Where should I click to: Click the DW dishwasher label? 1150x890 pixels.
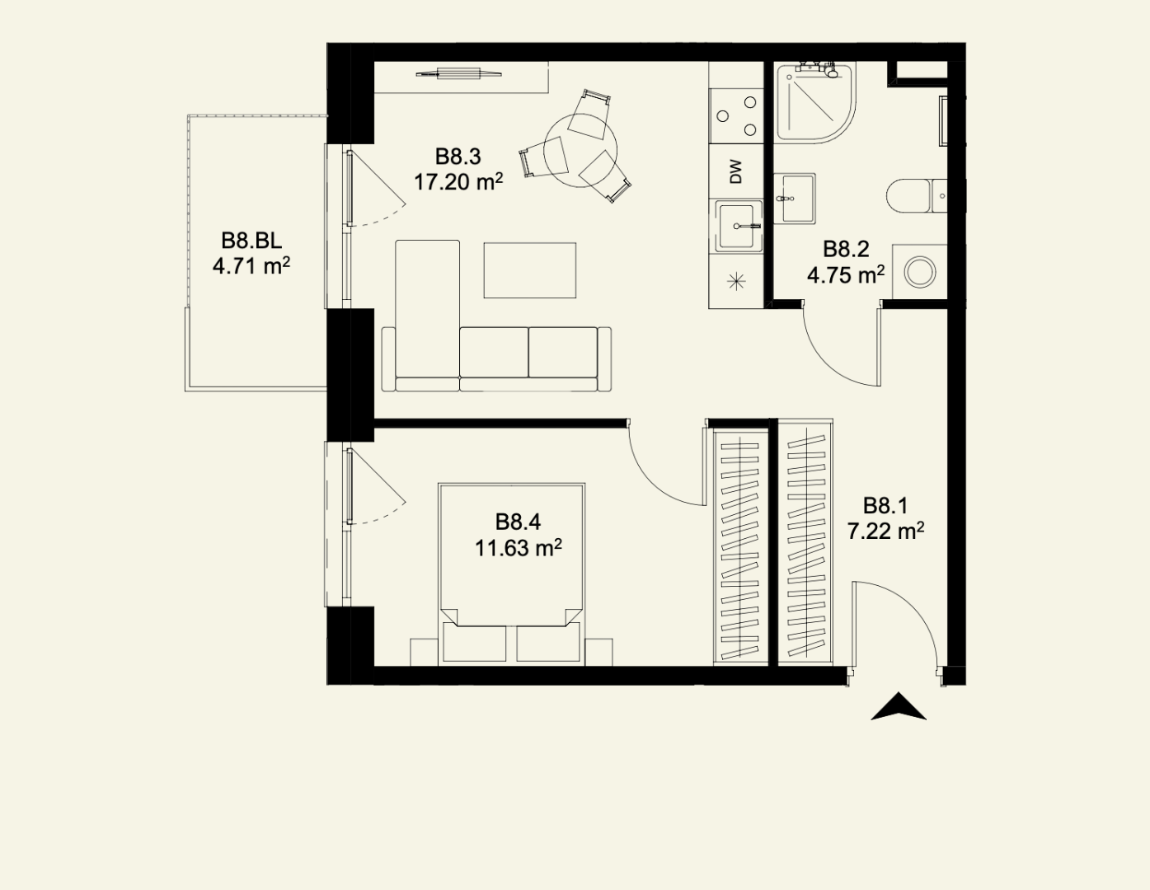point(735,172)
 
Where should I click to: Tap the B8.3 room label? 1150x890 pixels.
point(458,157)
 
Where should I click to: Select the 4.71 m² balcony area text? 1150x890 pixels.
point(251,265)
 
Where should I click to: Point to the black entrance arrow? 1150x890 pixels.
point(898,706)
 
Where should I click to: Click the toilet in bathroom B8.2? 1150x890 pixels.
point(917,195)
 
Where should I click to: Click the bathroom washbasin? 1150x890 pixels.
point(795,199)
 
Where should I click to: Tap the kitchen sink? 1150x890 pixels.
point(737,226)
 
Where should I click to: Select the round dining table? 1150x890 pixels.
point(580,151)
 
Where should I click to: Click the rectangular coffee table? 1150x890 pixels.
point(530,270)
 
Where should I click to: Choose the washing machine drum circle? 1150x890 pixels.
point(920,273)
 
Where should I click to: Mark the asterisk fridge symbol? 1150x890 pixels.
point(736,281)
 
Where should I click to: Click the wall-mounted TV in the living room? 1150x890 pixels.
point(458,73)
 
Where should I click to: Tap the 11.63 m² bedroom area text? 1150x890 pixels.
point(518,548)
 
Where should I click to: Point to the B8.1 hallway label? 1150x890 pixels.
point(885,506)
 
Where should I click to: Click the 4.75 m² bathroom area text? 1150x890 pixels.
point(846,275)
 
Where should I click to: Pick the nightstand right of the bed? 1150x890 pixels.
point(598,652)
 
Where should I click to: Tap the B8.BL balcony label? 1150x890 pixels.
point(251,241)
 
